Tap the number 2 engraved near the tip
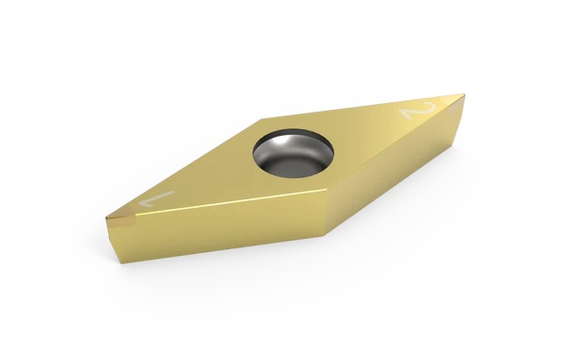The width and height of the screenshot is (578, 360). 418,110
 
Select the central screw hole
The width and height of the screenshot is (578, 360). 293,152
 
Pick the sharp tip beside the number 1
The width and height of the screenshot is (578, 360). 106,219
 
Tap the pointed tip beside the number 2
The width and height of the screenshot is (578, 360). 463,95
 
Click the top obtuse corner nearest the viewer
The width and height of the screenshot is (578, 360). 327,191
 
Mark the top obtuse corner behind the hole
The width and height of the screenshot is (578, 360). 261,119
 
